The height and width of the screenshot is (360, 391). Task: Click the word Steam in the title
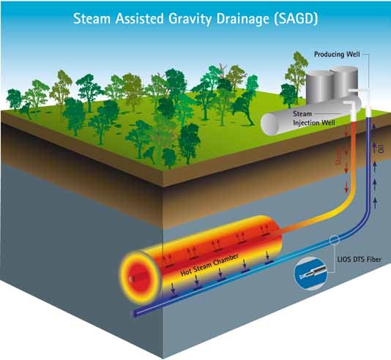tap(92, 18)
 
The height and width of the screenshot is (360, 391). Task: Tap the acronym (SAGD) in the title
tap(296, 19)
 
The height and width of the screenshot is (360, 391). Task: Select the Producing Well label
tap(337, 54)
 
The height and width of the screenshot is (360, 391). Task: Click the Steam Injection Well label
tap(313, 118)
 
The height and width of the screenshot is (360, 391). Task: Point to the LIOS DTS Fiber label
tap(360, 259)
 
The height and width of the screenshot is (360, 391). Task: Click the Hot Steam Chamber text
tap(209, 264)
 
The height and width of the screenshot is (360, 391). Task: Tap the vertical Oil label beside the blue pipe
tap(381, 149)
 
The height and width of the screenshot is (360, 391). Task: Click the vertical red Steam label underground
tap(338, 156)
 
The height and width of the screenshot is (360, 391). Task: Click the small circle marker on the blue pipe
tap(334, 240)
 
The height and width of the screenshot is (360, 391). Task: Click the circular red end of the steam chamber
tap(140, 278)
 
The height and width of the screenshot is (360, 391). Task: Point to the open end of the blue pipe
tap(134, 313)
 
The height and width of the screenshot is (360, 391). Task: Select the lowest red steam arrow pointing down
tap(346, 187)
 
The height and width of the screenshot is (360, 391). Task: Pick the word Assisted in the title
tap(139, 19)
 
